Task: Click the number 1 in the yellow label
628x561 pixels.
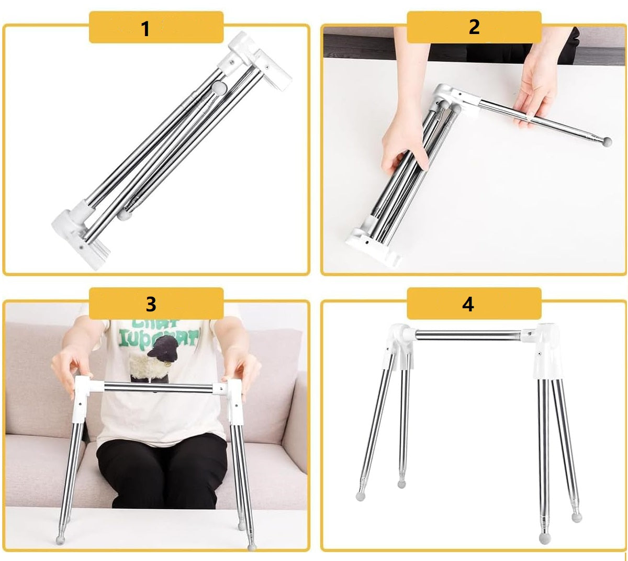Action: tap(145, 28)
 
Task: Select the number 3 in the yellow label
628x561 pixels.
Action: tap(151, 304)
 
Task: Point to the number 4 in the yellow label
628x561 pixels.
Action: tap(468, 304)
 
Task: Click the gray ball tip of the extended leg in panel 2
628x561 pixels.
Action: tap(607, 141)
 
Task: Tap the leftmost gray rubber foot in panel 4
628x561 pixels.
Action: tap(361, 495)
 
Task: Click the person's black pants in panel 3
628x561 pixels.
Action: tap(162, 471)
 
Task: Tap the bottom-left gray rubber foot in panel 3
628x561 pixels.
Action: tap(60, 539)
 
